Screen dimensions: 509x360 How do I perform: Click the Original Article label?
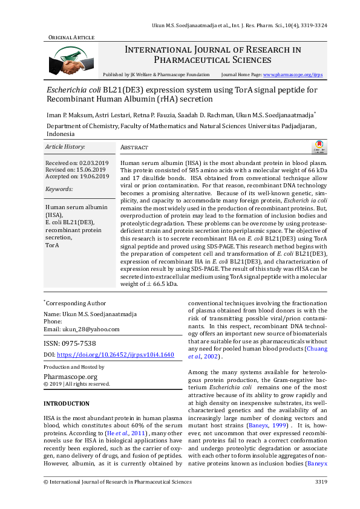pyautogui.click(x=71, y=37)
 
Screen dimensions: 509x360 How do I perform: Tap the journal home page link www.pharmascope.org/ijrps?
pyautogui.click(x=293, y=74)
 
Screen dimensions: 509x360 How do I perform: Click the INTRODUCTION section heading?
pyautogui.click(x=67, y=403)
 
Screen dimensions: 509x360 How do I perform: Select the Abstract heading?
pyautogui.click(x=134, y=148)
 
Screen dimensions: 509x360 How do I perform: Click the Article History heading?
pyautogui.click(x=65, y=147)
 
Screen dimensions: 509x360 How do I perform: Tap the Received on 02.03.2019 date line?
pyautogui.click(x=77, y=164)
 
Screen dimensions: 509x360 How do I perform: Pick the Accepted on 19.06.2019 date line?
pyautogui.click(x=77, y=177)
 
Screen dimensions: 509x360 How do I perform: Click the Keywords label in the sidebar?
pyautogui.click(x=59, y=189)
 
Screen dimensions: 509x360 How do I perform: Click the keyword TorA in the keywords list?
pyautogui.click(x=52, y=246)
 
